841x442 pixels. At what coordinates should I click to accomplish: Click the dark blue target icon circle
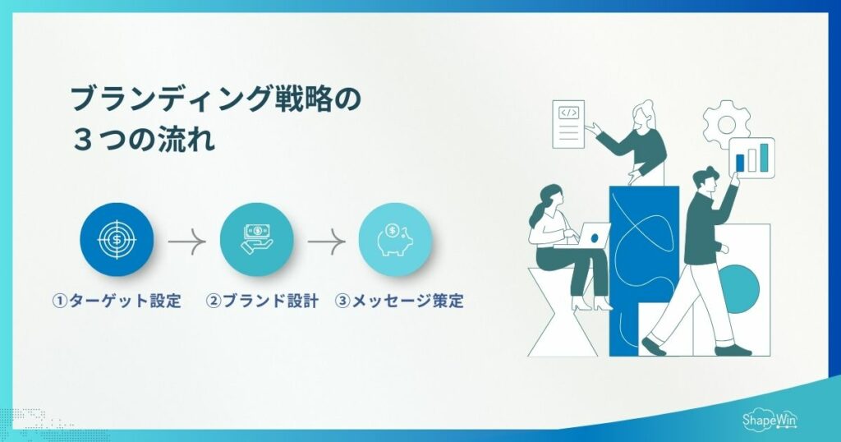[x=117, y=239]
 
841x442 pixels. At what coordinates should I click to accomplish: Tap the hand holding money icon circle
[x=256, y=239]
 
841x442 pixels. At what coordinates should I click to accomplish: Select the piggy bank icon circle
[x=395, y=239]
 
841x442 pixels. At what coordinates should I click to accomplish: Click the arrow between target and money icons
[x=186, y=242]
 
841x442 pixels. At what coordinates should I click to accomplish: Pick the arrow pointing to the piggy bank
[x=326, y=242]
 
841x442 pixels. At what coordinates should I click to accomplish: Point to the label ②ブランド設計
[x=262, y=302]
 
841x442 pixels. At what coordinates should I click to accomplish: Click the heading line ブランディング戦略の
[x=214, y=100]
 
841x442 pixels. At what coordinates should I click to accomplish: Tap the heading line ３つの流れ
[x=145, y=138]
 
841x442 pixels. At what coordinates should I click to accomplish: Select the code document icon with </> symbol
[x=568, y=124]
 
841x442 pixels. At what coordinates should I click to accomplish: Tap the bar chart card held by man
[x=752, y=155]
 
